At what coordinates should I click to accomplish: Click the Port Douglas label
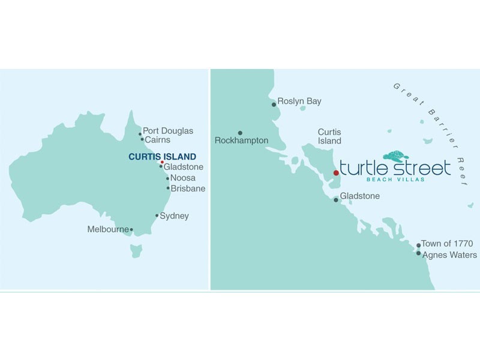(x=168, y=131)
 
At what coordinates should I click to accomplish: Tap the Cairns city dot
(x=142, y=140)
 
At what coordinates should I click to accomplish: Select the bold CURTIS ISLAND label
(x=162, y=157)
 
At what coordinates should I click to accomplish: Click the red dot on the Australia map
(x=162, y=162)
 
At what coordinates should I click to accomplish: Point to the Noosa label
(x=182, y=178)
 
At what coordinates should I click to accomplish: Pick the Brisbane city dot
(x=168, y=188)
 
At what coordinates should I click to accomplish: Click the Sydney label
(x=174, y=216)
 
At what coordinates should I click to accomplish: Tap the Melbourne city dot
(x=131, y=229)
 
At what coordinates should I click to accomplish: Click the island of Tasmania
(x=136, y=249)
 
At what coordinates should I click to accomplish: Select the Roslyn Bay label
(x=299, y=101)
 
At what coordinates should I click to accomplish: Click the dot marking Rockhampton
(x=240, y=133)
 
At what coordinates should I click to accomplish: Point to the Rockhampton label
(x=241, y=141)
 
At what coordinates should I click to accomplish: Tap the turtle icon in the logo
(x=395, y=156)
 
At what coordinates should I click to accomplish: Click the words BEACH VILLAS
(x=395, y=179)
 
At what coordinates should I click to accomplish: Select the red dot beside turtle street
(x=336, y=173)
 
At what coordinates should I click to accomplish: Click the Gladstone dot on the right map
(x=336, y=200)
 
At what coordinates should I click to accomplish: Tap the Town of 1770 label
(x=447, y=244)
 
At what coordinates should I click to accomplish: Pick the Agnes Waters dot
(x=418, y=253)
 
